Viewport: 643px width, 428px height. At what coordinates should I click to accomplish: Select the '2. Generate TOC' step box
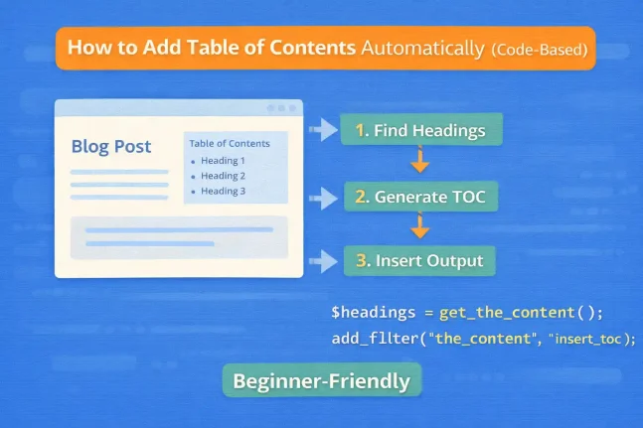(x=420, y=197)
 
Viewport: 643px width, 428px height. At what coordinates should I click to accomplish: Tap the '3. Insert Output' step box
(x=419, y=261)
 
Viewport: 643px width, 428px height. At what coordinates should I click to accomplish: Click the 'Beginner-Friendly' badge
(x=322, y=380)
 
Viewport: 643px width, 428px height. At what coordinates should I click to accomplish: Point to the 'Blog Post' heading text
(x=111, y=147)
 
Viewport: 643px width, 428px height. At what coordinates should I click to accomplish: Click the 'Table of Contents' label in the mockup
(x=231, y=142)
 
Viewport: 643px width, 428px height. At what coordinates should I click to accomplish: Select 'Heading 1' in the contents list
(x=223, y=160)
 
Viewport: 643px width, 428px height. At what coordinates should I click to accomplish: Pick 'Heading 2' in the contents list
(x=223, y=176)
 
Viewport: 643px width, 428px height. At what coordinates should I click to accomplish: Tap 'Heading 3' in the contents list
(x=223, y=191)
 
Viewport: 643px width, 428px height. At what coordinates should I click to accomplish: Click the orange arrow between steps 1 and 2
(x=419, y=161)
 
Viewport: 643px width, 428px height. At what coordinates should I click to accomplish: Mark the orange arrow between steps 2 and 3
(x=419, y=227)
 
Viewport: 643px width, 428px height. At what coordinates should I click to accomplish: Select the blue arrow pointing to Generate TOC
(x=323, y=197)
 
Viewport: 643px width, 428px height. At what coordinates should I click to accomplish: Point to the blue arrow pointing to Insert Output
(x=323, y=261)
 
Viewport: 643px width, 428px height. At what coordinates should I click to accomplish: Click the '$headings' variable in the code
(x=373, y=312)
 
